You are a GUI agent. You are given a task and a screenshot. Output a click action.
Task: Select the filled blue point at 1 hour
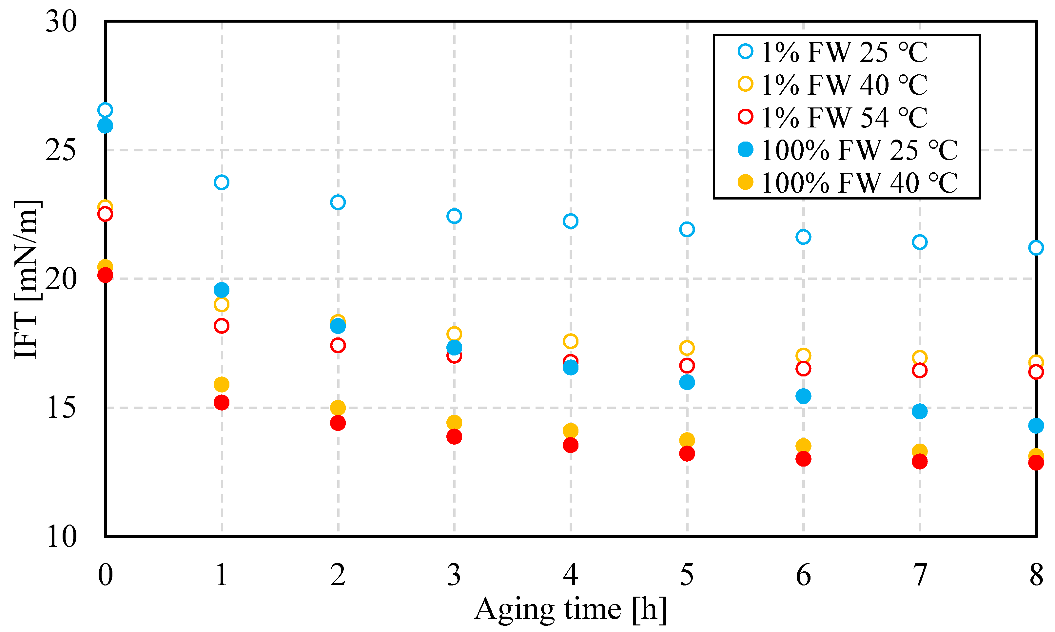[x=222, y=290]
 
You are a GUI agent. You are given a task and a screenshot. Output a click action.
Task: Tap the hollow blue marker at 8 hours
[x=1036, y=247]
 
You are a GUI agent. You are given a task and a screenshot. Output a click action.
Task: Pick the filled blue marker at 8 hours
[x=1036, y=426]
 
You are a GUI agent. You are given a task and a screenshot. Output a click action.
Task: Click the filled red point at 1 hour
[x=222, y=402]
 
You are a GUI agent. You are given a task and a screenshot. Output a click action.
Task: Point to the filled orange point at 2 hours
[x=338, y=408]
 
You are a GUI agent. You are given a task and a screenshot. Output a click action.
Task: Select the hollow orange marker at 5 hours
[x=687, y=348]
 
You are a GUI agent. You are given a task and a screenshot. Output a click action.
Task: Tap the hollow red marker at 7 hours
[x=920, y=371]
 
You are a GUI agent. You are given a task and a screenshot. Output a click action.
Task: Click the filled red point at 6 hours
[x=803, y=459]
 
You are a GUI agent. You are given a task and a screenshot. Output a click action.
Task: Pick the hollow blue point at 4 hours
[x=570, y=221]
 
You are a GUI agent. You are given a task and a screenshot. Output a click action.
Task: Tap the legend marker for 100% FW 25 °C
[x=745, y=149]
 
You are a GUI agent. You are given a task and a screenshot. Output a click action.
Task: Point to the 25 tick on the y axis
[x=61, y=150]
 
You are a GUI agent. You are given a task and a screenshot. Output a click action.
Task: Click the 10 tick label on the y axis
[x=61, y=537]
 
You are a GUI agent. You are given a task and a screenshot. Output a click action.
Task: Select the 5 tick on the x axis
[x=687, y=575]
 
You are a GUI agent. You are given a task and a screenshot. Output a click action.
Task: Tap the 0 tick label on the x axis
[x=105, y=575]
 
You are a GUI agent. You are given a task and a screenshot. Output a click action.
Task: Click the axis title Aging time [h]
[x=570, y=609]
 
